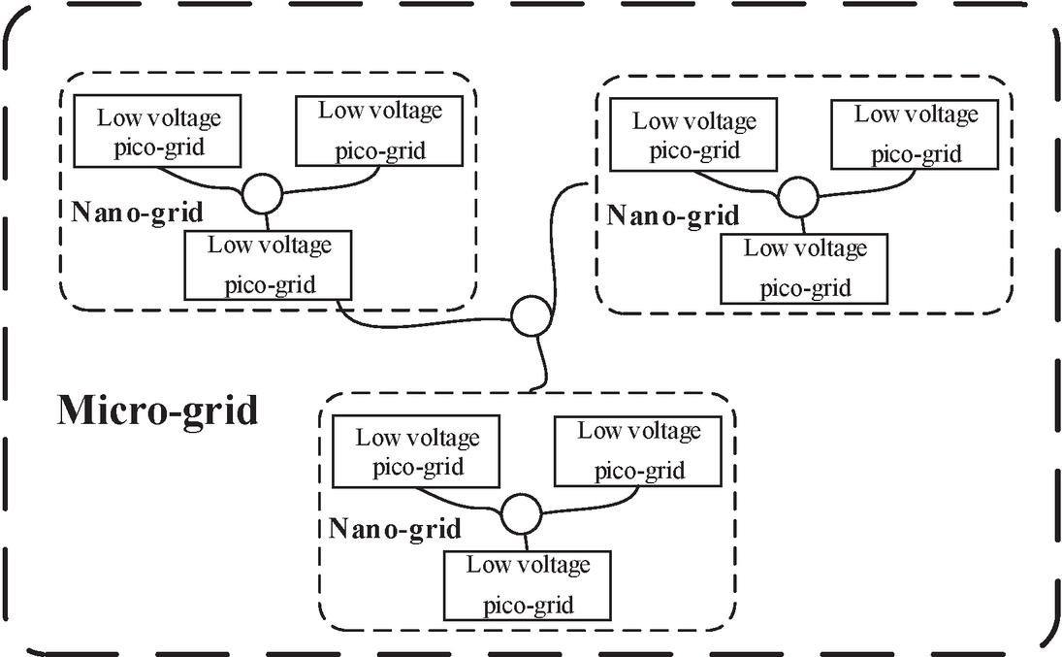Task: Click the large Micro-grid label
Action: click(158, 411)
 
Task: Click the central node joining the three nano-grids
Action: click(531, 315)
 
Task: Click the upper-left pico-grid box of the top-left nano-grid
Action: click(158, 133)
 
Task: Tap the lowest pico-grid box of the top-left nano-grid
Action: click(269, 264)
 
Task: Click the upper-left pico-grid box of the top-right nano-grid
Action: click(693, 136)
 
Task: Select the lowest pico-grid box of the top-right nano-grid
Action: click(805, 268)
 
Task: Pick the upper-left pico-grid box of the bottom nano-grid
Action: click(417, 451)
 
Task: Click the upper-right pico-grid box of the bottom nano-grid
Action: click(639, 450)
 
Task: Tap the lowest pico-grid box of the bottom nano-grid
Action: click(528, 584)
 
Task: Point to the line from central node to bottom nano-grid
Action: click(540, 364)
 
